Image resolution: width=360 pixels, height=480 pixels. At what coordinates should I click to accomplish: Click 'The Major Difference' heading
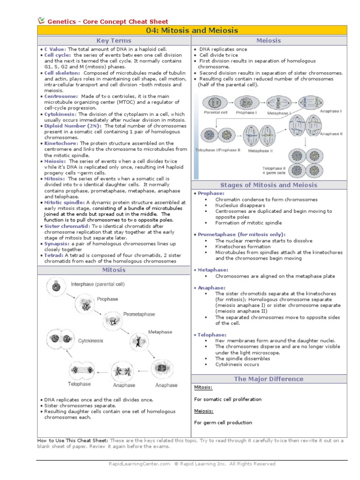pos(269,379)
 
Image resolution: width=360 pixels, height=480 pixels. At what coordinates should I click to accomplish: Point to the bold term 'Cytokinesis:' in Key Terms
pos(60,114)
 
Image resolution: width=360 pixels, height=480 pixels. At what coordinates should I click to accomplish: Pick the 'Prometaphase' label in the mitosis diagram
pos(139,314)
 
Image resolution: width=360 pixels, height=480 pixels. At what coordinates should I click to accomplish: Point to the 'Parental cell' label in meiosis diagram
pos(216,113)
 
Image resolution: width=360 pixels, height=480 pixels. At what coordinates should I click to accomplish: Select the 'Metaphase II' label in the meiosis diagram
pos(260,151)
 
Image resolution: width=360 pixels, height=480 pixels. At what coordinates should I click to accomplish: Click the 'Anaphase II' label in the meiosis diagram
pos(331,134)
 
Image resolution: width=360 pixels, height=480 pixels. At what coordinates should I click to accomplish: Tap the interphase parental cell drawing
pos(56,285)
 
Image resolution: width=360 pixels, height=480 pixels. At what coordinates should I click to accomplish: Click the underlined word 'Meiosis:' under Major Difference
pos(203,411)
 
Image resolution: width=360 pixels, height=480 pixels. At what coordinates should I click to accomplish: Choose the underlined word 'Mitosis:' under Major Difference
pos(203,388)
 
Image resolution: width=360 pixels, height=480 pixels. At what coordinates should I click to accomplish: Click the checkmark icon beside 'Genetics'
pos(41,20)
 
